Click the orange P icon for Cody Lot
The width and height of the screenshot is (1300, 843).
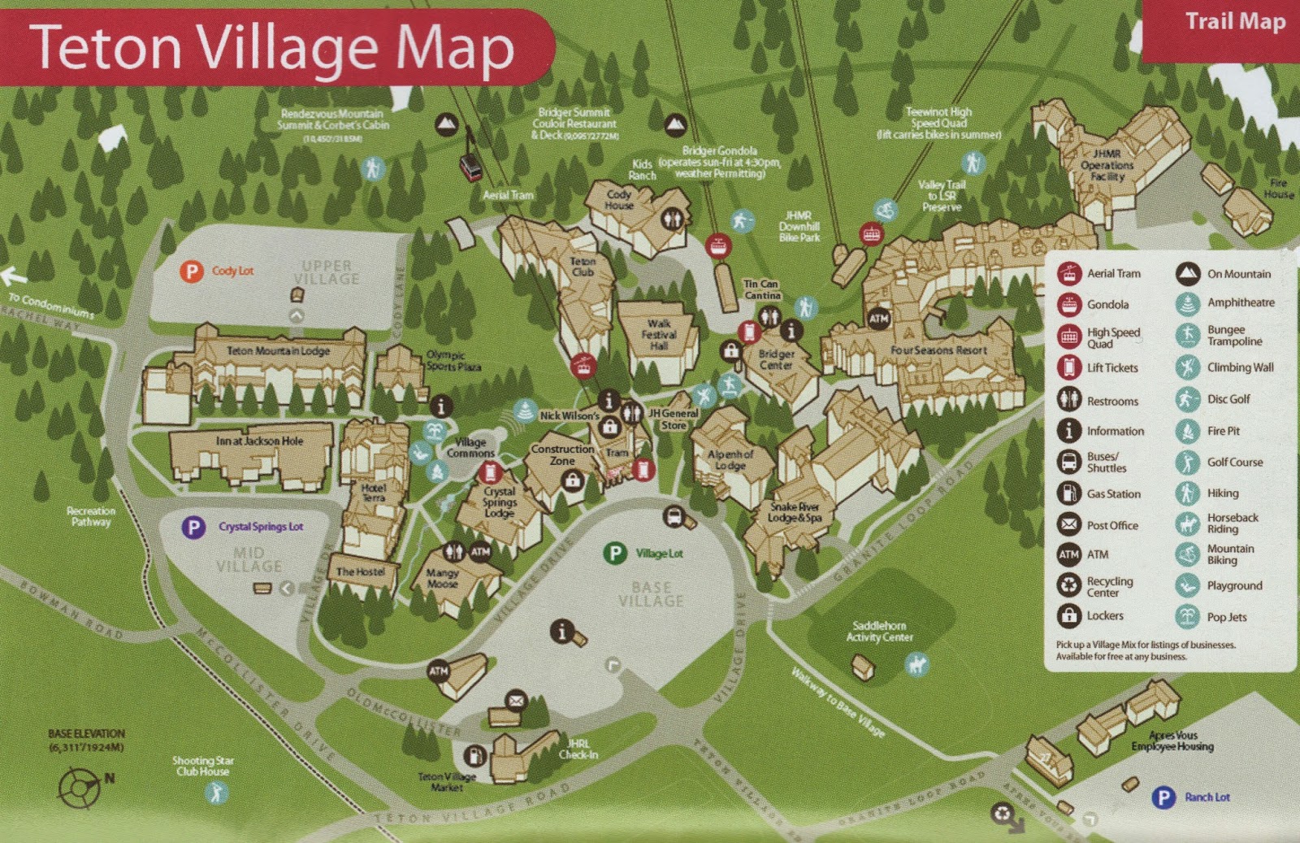(191, 271)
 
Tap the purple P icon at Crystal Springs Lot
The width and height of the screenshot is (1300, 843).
(193, 527)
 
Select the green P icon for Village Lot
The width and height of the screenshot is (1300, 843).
(615, 554)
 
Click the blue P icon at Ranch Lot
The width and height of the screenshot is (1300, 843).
(1163, 797)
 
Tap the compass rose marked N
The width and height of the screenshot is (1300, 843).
(80, 787)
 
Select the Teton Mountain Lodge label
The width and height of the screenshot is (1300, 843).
(278, 351)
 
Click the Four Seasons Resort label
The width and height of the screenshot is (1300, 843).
(938, 350)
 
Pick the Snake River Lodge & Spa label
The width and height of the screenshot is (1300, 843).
(795, 512)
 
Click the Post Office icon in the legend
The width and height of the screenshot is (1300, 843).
(1068, 524)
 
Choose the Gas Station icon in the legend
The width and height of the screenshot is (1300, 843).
(1068, 493)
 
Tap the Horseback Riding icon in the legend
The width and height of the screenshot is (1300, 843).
(1187, 523)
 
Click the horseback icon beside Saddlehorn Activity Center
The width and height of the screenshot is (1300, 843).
(916, 664)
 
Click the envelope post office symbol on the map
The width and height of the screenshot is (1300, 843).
(516, 700)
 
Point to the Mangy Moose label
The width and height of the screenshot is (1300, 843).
(442, 578)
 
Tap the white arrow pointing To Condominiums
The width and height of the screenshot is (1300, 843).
(14, 277)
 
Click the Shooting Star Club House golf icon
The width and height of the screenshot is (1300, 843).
(216, 792)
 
